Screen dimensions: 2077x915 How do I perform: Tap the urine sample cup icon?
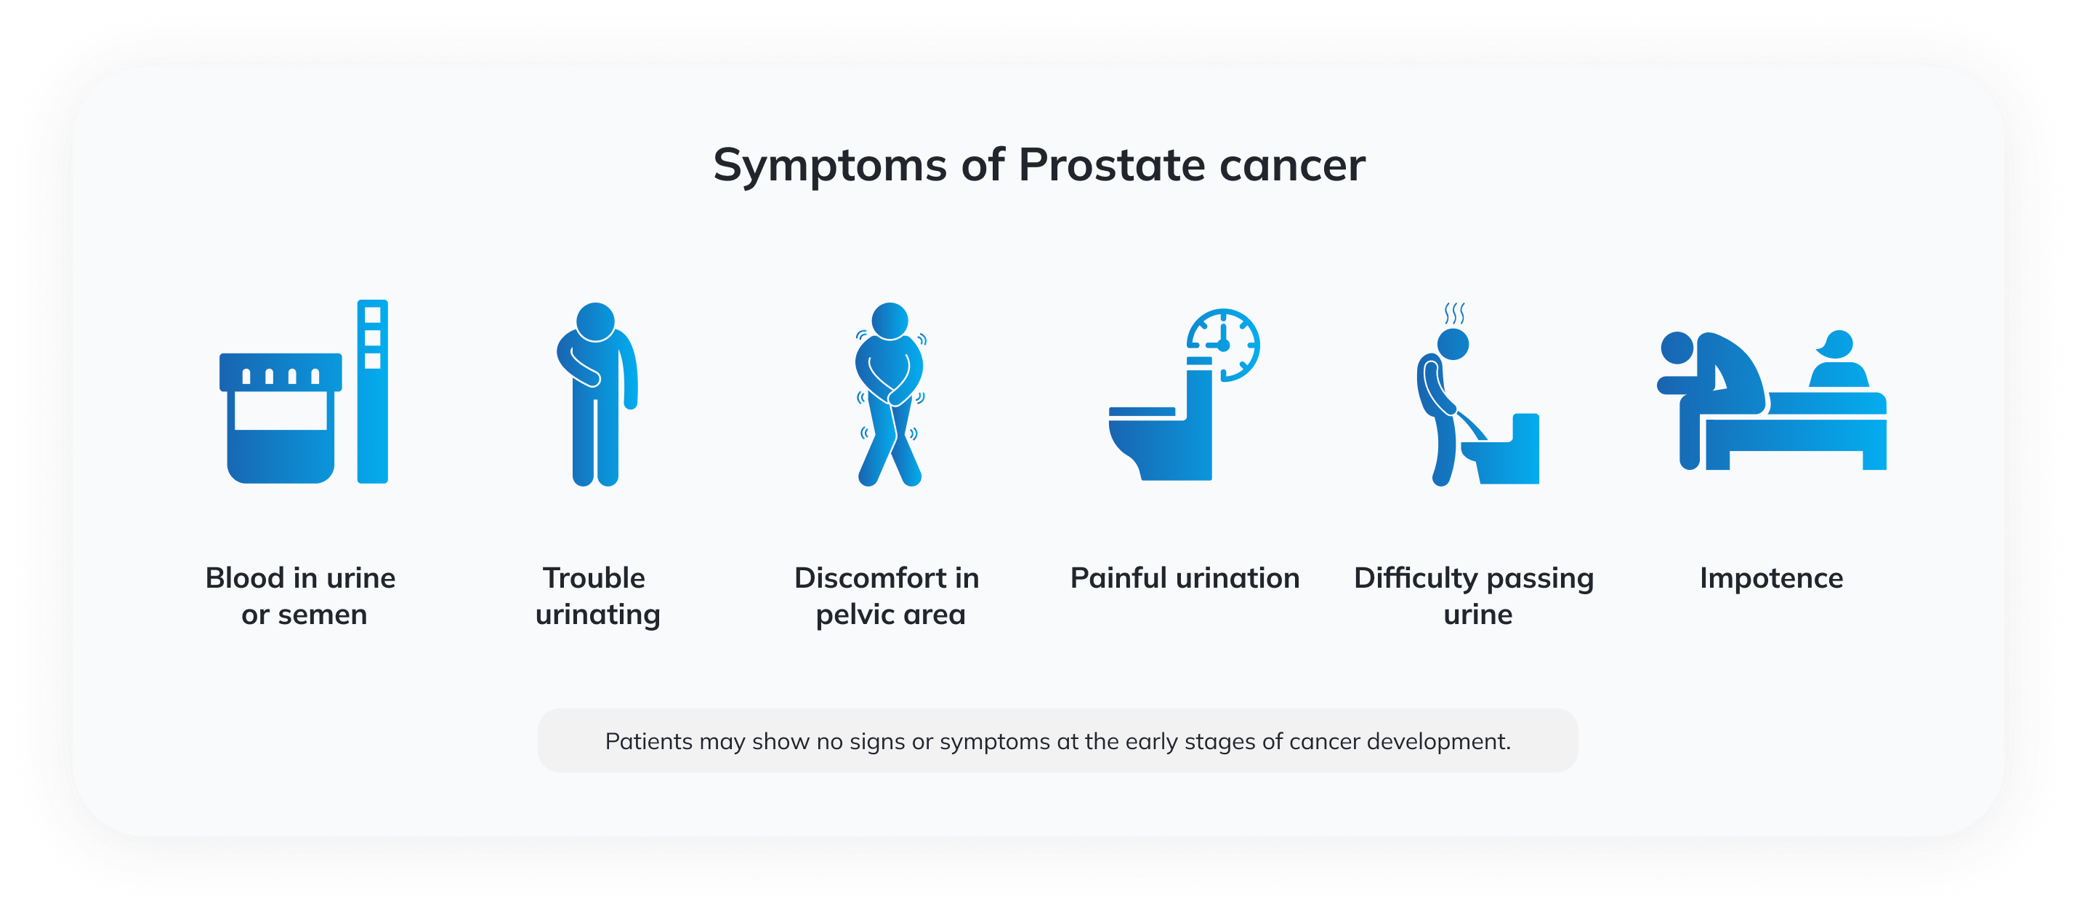(x=281, y=418)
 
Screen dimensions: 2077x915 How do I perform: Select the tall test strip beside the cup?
(x=373, y=391)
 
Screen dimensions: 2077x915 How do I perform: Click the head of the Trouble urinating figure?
(x=596, y=321)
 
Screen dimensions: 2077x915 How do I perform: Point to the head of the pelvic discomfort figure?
(x=890, y=321)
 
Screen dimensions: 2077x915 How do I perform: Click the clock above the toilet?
(x=1223, y=345)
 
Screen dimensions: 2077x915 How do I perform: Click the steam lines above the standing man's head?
(x=1454, y=312)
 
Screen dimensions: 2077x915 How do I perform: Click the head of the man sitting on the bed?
(x=1677, y=348)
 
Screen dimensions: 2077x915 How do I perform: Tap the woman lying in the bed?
(x=1839, y=359)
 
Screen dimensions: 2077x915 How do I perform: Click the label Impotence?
(x=1772, y=578)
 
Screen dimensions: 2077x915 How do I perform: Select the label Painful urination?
(x=1185, y=578)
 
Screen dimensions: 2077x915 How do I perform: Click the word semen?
(x=323, y=615)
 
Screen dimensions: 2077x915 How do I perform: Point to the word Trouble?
(x=594, y=578)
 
